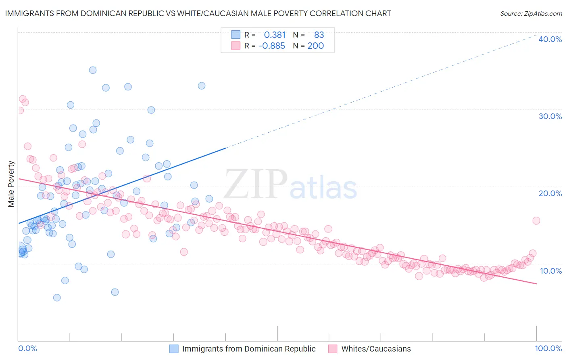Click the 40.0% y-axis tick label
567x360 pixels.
[x=550, y=39]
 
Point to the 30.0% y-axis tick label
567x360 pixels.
[x=550, y=116]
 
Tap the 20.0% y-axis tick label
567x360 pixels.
[x=550, y=193]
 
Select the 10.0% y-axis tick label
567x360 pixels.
[x=551, y=270]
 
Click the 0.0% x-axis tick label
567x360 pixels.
[x=28, y=348]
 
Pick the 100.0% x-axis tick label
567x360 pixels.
[x=548, y=348]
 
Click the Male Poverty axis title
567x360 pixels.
[x=11, y=184]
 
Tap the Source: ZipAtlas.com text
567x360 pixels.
[x=531, y=13]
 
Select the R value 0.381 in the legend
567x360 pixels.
[x=275, y=35]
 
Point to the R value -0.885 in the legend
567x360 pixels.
[x=271, y=46]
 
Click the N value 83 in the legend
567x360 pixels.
[x=319, y=35]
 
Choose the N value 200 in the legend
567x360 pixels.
[x=316, y=46]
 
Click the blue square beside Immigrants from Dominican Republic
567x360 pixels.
[x=174, y=349]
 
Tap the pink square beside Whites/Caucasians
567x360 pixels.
[x=333, y=349]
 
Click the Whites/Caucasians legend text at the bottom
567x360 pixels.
[x=376, y=349]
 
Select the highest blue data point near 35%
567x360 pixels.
[x=93, y=70]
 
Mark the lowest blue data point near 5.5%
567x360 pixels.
[x=57, y=297]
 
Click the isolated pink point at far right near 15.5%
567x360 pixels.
[x=536, y=220]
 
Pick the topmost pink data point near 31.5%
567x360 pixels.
[x=23, y=99]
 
